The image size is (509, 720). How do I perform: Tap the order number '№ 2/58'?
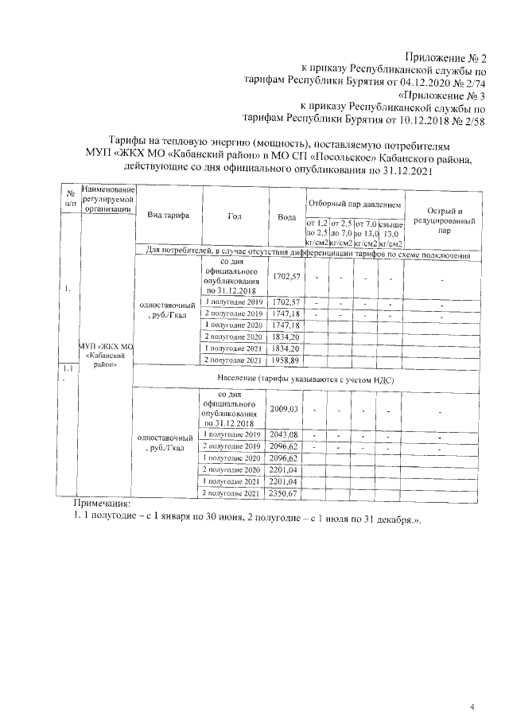tap(468, 120)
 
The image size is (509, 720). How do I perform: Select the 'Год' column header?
tap(233, 216)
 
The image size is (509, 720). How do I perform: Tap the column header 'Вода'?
tap(286, 216)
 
